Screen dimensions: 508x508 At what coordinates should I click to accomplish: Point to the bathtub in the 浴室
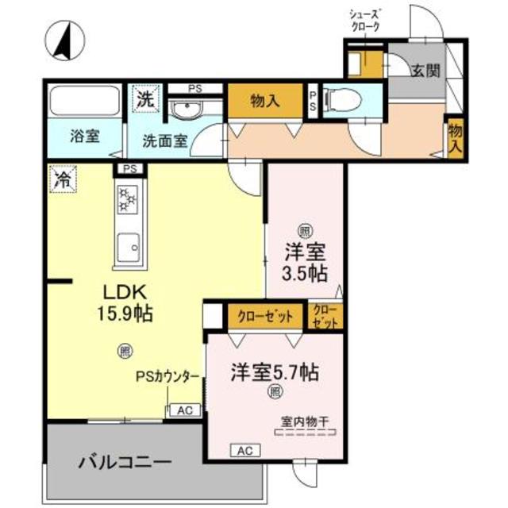tap(84, 102)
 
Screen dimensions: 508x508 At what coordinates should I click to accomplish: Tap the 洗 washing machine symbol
tap(144, 99)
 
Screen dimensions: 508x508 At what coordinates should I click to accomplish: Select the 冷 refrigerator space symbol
tap(60, 179)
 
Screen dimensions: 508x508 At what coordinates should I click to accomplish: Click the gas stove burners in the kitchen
tap(128, 198)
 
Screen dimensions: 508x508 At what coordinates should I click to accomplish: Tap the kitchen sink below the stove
tap(128, 248)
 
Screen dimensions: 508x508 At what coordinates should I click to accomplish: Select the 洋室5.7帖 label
tap(275, 371)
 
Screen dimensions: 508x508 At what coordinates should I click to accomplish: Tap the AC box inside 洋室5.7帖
tap(244, 450)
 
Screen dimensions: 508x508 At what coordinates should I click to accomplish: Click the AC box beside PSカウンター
tap(183, 410)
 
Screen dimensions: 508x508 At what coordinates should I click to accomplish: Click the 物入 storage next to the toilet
tap(266, 100)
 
